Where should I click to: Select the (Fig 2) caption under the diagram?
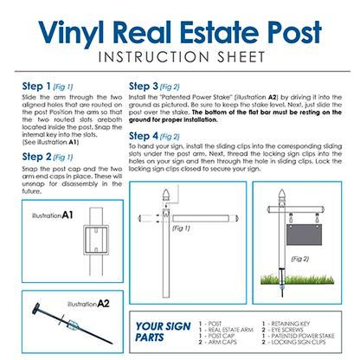[299, 259]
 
